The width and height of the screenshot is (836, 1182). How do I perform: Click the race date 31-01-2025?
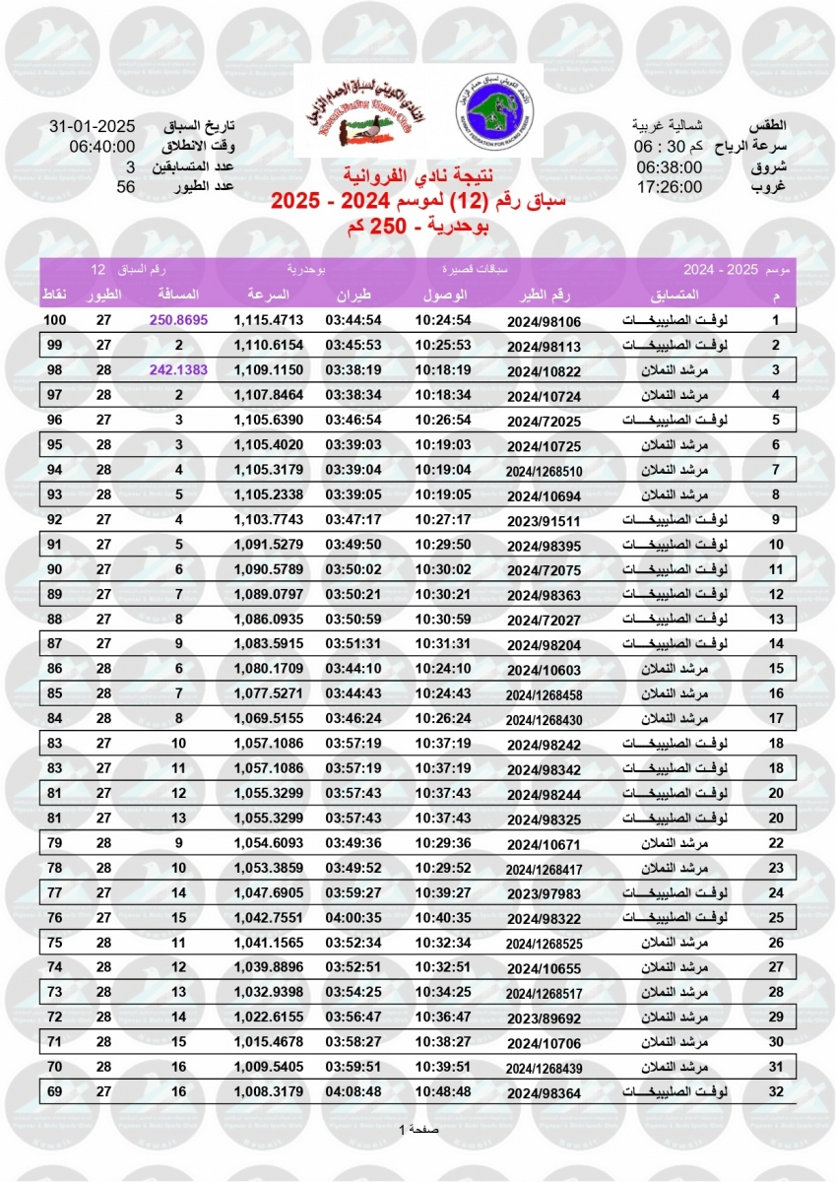92,128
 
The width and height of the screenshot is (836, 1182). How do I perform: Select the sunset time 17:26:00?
669,187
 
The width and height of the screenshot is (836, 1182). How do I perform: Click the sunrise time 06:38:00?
669,167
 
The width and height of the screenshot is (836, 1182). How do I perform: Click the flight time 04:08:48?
354,1090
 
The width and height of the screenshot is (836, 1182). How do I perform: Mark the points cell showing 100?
56,320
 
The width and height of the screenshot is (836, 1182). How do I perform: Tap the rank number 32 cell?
775,1090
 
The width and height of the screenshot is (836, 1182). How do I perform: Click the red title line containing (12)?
418,202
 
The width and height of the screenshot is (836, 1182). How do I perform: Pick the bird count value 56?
125,187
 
